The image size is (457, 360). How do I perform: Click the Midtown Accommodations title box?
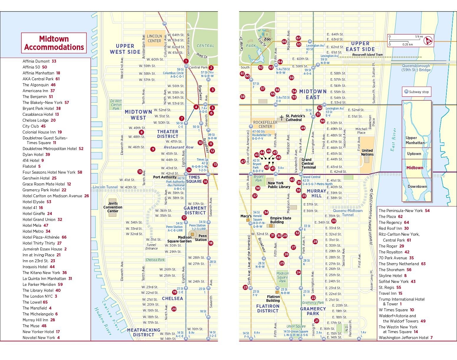click(54, 43)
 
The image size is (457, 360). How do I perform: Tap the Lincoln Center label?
click(154, 38)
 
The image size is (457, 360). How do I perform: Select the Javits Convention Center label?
click(113, 207)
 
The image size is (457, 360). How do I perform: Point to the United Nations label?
click(367, 152)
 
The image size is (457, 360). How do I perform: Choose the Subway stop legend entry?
click(416, 92)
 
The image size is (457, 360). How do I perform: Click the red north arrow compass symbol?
click(428, 40)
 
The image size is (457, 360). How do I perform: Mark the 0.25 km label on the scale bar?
click(407, 45)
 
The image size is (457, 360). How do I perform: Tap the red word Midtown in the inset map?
click(415, 168)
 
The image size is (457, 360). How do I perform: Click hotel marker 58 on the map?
click(243, 97)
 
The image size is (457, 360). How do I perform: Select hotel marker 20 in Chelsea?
click(174, 309)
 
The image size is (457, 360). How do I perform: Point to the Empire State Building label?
click(281, 220)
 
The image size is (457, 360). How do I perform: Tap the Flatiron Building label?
click(273, 299)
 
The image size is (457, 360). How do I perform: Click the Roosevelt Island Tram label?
click(367, 55)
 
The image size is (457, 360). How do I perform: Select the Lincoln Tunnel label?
click(105, 187)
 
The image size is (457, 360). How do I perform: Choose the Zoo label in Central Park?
click(267, 39)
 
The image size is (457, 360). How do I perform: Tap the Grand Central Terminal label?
click(309, 163)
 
